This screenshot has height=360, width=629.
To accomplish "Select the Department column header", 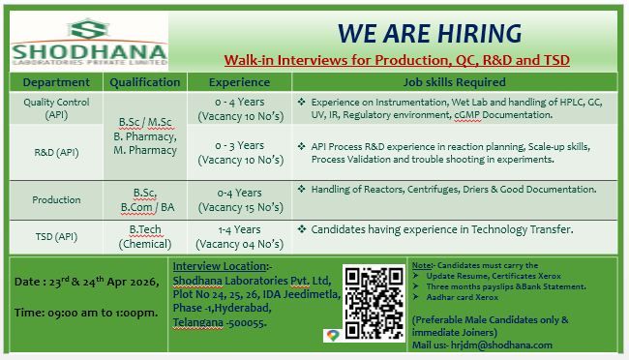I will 56,82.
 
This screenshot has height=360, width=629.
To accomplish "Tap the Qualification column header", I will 145,82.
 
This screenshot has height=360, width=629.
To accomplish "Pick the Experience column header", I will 239,82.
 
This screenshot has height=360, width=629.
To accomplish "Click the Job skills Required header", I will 449,82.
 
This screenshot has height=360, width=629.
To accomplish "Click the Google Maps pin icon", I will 332,335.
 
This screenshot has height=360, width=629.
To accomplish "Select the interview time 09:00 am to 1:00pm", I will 86,314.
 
